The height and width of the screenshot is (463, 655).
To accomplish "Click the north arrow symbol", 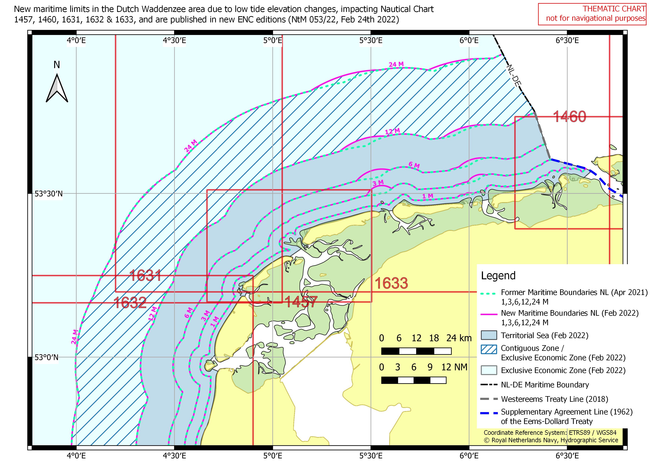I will point(57,88).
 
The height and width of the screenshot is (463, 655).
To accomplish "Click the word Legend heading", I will point(498,276).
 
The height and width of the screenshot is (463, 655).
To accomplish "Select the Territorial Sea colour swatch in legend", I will point(489,335).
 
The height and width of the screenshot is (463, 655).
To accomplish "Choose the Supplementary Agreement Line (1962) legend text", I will point(566,412).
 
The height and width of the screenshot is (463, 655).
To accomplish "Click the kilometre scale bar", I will point(416,351).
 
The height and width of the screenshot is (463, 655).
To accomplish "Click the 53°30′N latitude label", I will point(49,194).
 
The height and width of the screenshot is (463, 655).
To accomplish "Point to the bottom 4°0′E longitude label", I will point(76,455).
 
